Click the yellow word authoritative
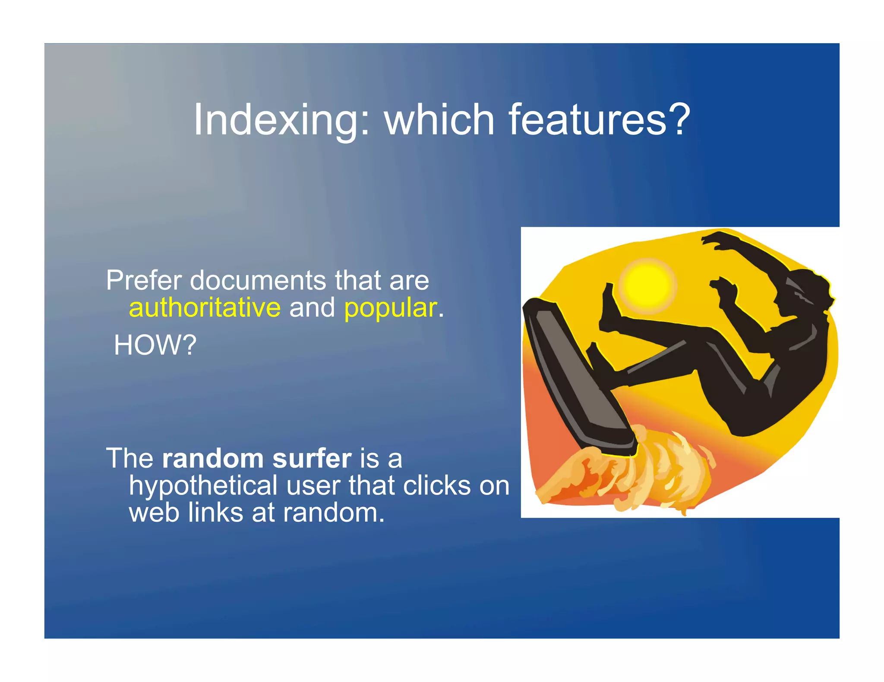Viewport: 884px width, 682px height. pos(205,309)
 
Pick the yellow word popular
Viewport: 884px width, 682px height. pos(390,309)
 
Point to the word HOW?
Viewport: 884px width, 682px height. pos(155,345)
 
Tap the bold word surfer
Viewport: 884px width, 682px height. pos(312,458)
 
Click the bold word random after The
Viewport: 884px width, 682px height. pos(213,458)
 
